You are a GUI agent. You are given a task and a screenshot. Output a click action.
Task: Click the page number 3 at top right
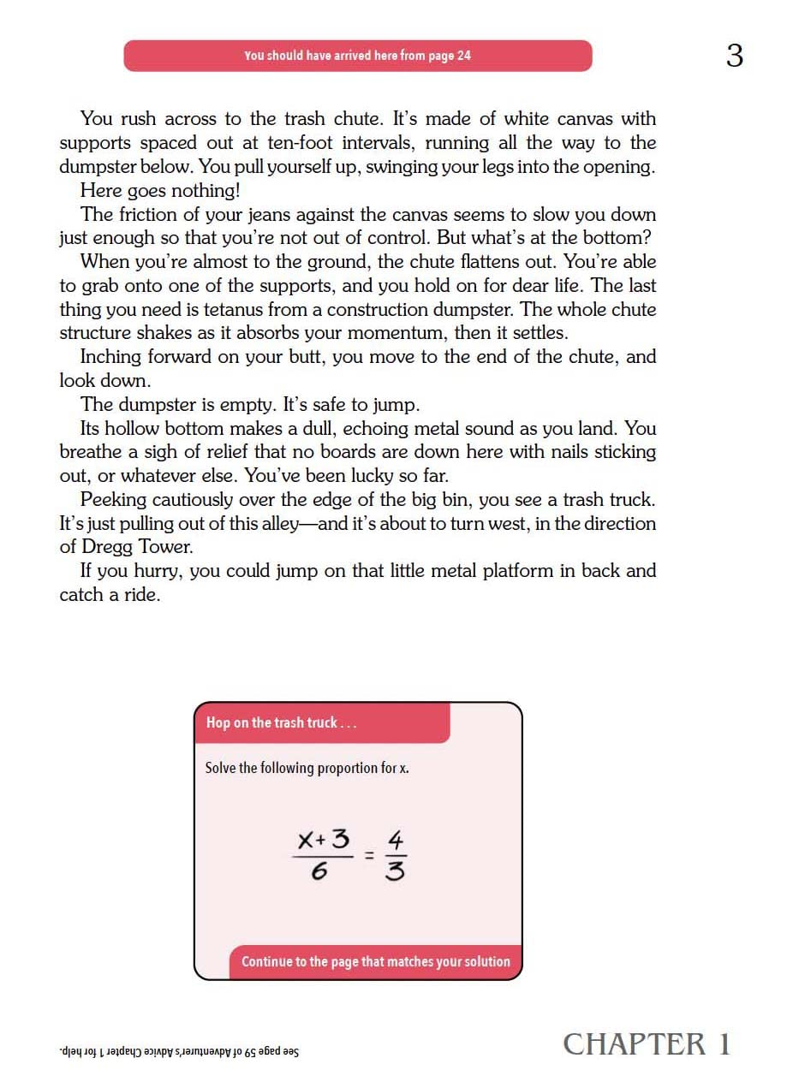734,56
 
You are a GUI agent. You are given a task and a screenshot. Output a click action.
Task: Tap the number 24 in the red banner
463,56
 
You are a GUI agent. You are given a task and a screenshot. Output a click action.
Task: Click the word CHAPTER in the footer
635,1044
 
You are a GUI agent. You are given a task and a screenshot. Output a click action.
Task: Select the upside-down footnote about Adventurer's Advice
179,1051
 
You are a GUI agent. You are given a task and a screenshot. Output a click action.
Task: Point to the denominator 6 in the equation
319,873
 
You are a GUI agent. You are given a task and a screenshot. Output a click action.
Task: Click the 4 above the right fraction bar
396,839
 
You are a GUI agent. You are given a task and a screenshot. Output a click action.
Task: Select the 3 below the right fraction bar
396,871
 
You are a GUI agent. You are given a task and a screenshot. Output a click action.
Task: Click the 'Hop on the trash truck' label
282,722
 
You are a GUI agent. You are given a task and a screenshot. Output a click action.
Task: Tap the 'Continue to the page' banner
375,961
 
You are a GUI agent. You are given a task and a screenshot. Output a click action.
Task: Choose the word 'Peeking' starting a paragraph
112,499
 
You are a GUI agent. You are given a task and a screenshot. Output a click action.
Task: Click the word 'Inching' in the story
111,357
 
